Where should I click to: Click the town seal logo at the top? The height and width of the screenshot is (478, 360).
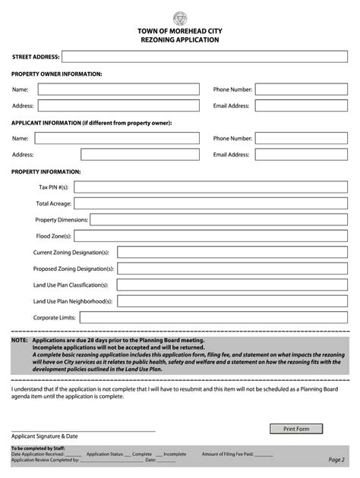tap(179, 17)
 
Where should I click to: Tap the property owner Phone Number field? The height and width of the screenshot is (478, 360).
tap(304, 90)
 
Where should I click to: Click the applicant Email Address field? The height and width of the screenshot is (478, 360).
tap(304, 155)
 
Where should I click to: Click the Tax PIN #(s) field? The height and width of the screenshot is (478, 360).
tap(212, 187)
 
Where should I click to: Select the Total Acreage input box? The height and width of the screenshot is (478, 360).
tap(212, 203)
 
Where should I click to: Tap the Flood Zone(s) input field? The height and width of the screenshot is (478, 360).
tap(212, 236)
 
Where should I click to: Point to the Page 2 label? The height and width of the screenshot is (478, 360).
tap(336, 459)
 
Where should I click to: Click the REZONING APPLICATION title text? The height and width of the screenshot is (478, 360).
tap(180, 39)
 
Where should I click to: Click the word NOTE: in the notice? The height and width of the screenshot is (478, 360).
tap(20, 341)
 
